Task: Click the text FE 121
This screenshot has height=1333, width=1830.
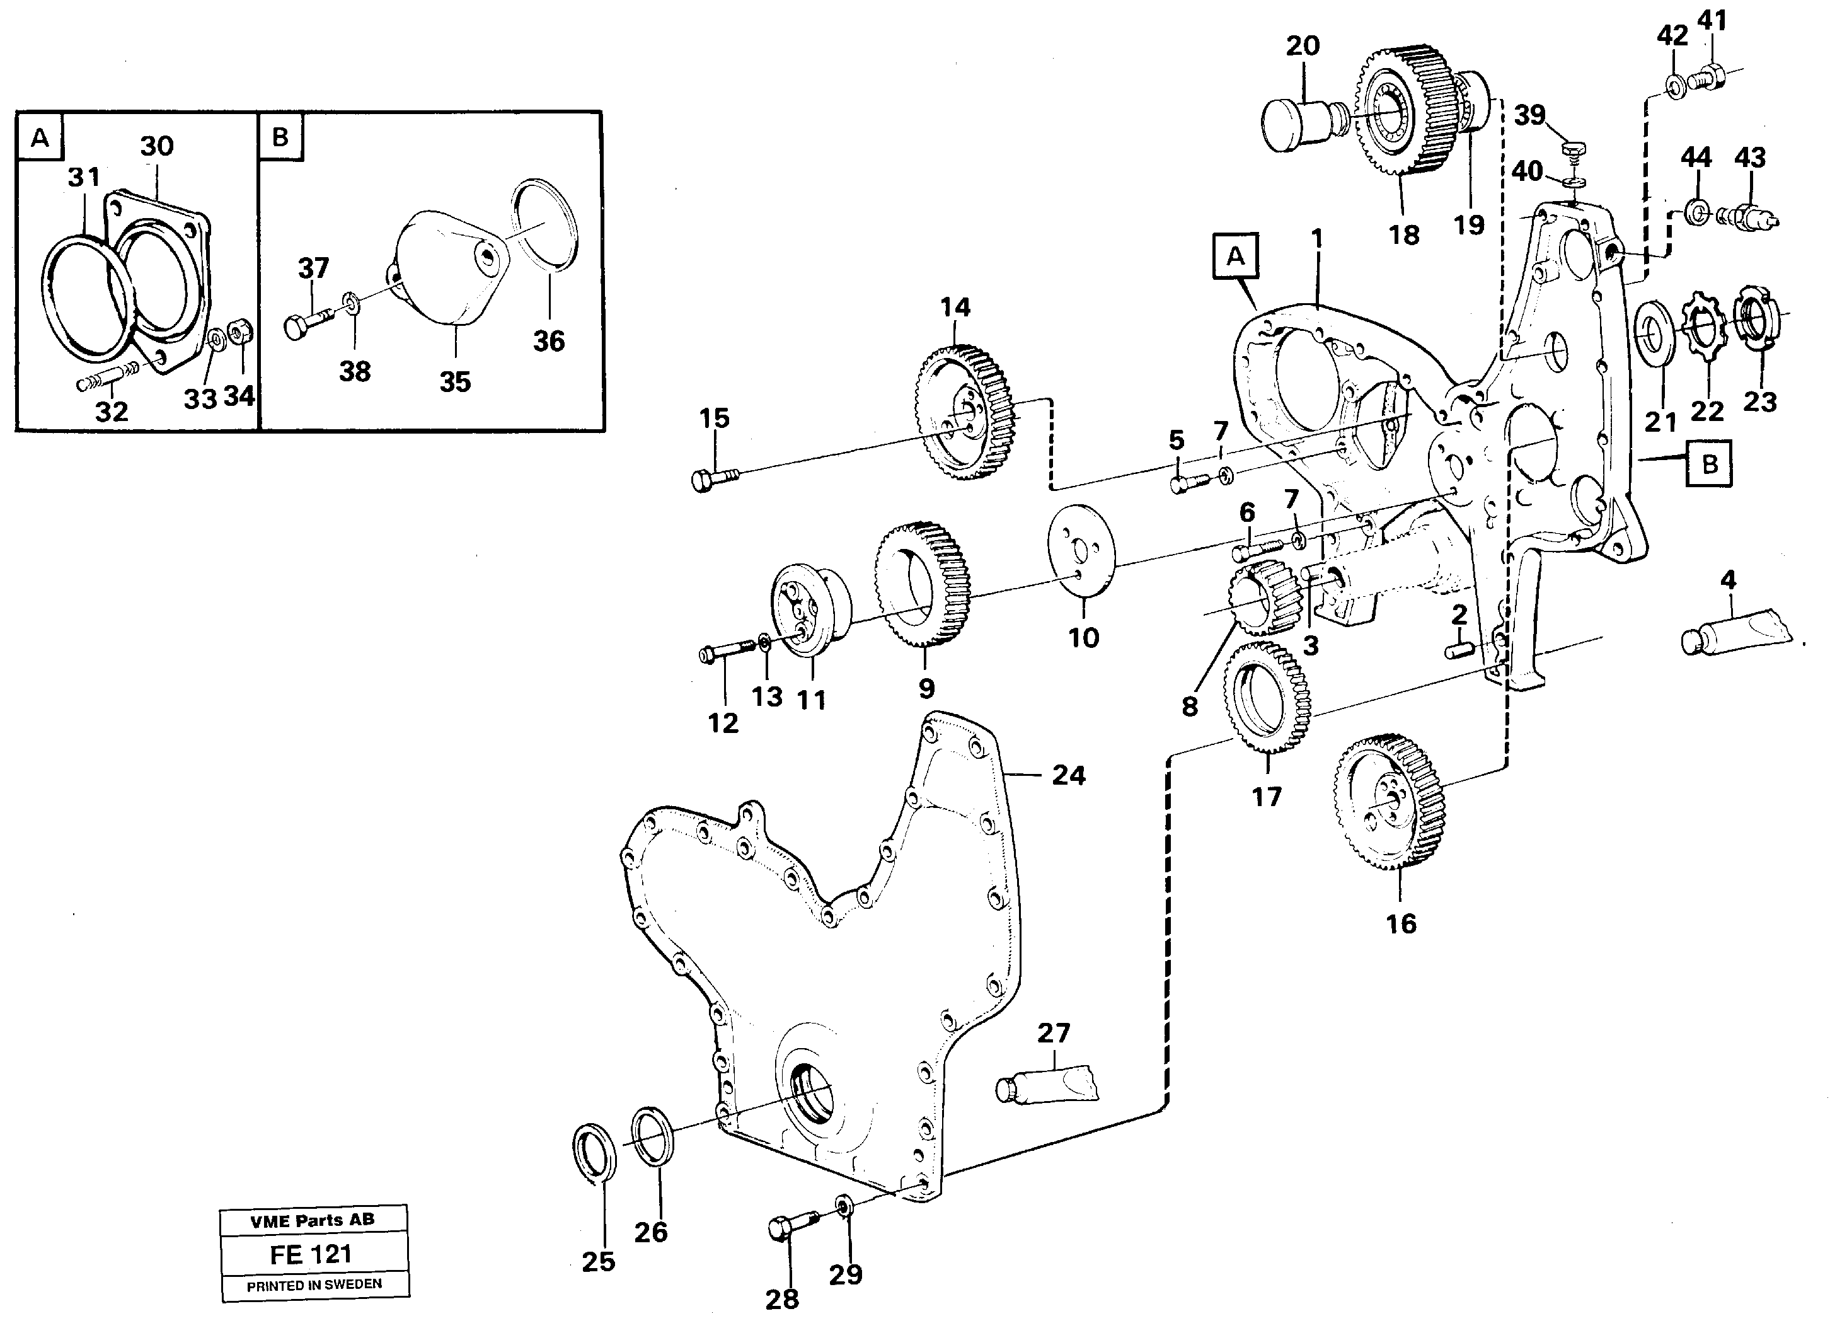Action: pos(311,1255)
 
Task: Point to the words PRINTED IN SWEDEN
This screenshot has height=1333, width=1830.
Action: pos(314,1284)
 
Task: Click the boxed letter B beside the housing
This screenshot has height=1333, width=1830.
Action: pos(1709,465)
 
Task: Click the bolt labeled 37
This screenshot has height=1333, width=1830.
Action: pos(308,323)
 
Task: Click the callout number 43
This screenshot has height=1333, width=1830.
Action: pos(1749,158)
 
